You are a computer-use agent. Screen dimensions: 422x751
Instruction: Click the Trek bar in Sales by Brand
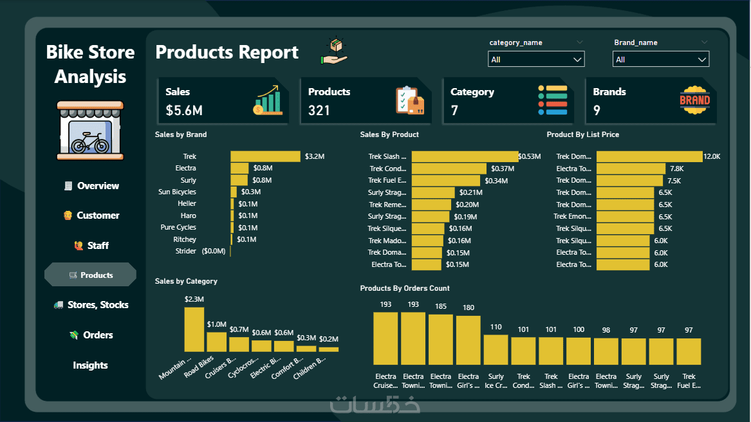265,156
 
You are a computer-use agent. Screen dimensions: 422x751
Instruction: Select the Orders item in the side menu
91,335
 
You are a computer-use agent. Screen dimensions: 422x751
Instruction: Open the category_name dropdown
536,59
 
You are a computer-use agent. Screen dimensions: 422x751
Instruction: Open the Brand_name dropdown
661,59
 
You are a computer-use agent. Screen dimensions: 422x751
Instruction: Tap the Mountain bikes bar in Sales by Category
194,329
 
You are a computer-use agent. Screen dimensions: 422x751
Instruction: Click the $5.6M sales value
184,111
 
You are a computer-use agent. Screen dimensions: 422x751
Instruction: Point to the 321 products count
319,111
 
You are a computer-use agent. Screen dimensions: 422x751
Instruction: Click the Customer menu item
91,216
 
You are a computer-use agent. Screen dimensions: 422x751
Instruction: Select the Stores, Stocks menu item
91,305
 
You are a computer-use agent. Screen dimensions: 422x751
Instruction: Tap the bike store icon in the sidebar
90,129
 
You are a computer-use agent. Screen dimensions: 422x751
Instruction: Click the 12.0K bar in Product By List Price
649,156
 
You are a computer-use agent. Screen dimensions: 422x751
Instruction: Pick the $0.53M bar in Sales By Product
465,156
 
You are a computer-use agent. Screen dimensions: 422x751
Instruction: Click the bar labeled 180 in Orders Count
468,340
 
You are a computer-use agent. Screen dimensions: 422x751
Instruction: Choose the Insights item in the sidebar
90,365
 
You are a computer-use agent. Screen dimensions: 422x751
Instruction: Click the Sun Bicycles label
178,192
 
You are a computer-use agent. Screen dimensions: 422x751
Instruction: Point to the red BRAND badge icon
694,100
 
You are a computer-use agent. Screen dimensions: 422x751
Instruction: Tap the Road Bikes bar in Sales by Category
216,342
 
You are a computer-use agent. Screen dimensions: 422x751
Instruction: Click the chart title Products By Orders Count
405,288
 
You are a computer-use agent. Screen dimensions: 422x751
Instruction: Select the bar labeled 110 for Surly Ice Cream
496,349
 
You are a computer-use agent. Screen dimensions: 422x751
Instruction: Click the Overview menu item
91,186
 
